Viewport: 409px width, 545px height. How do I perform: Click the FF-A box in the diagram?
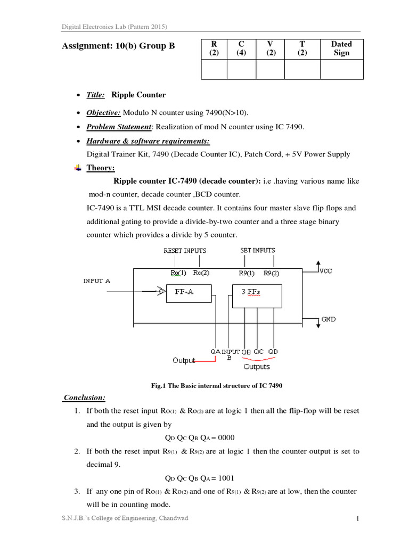tap(189, 293)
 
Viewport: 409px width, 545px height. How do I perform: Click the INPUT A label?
tap(96, 280)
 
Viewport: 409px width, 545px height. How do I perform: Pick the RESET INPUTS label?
tap(184, 250)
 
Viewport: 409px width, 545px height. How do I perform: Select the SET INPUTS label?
tap(258, 250)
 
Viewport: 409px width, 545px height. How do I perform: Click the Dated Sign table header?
tap(341, 48)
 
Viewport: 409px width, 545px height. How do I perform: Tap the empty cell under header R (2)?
tap(214, 69)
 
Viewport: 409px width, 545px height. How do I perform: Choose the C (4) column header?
tap(241, 48)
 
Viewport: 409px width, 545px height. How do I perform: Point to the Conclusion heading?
tap(84, 398)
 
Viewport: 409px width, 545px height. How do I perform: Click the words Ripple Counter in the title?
tap(138, 95)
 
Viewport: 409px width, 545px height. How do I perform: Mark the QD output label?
tap(273, 352)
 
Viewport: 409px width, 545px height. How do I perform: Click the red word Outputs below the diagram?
tap(257, 367)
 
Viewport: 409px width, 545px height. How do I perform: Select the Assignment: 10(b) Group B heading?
tap(118, 46)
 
